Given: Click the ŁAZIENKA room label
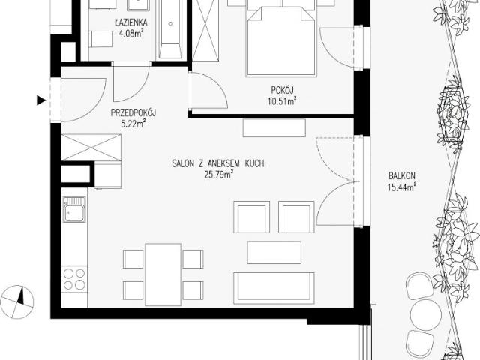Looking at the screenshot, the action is pyautogui.click(x=131, y=22).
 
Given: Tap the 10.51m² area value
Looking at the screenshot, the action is pyautogui.click(x=282, y=101).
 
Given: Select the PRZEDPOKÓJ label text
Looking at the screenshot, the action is pyautogui.click(x=133, y=113).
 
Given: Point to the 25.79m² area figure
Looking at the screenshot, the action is pyautogui.click(x=219, y=175).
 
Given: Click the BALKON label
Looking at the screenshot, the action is pyautogui.click(x=402, y=176).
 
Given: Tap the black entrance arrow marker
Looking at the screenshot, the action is pyautogui.click(x=41, y=100).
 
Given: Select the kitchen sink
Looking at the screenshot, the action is pyautogui.click(x=74, y=210).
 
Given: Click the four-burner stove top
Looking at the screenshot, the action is pyautogui.click(x=74, y=279).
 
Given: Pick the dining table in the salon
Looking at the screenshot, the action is pyautogui.click(x=163, y=274).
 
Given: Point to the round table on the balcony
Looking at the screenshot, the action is pyautogui.click(x=427, y=315).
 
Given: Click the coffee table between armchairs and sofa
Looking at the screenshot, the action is pyautogui.click(x=274, y=252).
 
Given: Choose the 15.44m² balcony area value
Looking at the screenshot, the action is pyautogui.click(x=402, y=187).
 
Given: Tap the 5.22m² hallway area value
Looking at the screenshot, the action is pyautogui.click(x=133, y=124).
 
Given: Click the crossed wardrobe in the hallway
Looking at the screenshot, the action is pyautogui.click(x=91, y=148).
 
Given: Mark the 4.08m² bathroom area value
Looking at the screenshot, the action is pyautogui.click(x=131, y=33).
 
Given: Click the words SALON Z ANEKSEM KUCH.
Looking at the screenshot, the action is pyautogui.click(x=219, y=163).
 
